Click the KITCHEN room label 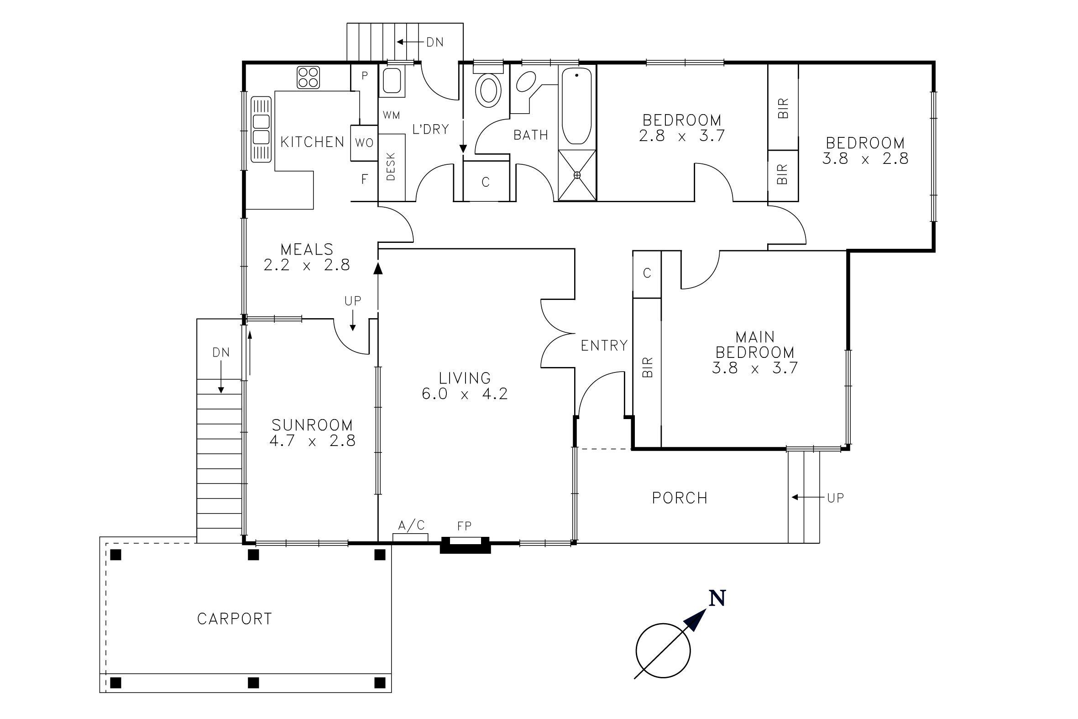pyautogui.click(x=312, y=142)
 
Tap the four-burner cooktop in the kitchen pyautogui.click(x=308, y=77)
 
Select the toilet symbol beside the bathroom pyautogui.click(x=488, y=90)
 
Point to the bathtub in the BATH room pyautogui.click(x=576, y=106)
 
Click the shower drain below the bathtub pyautogui.click(x=577, y=175)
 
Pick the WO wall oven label pyautogui.click(x=364, y=142)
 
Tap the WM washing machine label pyautogui.click(x=391, y=115)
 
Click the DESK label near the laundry pyautogui.click(x=391, y=167)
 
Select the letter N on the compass pyautogui.click(x=717, y=598)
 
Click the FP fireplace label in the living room pyautogui.click(x=464, y=526)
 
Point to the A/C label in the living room pyautogui.click(x=412, y=525)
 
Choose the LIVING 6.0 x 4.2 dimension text pyautogui.click(x=465, y=394)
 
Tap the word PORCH pyautogui.click(x=680, y=498)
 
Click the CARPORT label pyautogui.click(x=234, y=619)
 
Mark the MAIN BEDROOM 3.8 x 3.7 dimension pyautogui.click(x=755, y=368)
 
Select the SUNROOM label pyautogui.click(x=312, y=425)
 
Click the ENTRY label pyautogui.click(x=604, y=345)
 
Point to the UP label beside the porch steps pyautogui.click(x=836, y=498)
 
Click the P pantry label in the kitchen pyautogui.click(x=365, y=76)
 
